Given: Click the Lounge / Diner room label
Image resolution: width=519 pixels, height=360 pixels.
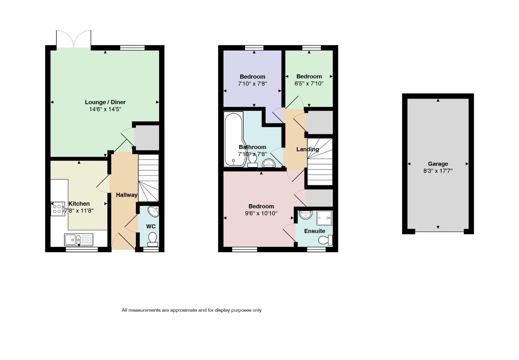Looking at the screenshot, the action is [x=105, y=102].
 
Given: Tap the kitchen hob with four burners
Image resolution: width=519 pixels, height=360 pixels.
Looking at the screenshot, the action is [x=58, y=209].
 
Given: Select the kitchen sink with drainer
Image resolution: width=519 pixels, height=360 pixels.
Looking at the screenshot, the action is [x=78, y=240].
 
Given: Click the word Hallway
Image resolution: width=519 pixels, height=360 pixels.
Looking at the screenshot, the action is [x=126, y=195].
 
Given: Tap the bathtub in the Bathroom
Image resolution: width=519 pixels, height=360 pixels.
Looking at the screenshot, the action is [x=233, y=139].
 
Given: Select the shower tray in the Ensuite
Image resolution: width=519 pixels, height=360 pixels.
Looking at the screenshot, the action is [x=324, y=218].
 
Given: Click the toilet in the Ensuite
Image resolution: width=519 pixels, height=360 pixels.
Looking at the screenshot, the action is [x=326, y=240].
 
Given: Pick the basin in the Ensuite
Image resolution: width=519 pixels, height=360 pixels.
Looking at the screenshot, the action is [x=306, y=215].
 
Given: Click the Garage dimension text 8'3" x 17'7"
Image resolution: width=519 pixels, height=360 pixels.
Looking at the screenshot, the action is [x=438, y=171].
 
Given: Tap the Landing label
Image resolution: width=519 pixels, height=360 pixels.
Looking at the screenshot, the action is [x=308, y=149].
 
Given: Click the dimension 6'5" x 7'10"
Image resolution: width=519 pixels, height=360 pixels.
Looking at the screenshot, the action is [x=309, y=83].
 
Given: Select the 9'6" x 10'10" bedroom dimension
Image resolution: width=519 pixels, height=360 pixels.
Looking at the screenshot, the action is [x=261, y=213].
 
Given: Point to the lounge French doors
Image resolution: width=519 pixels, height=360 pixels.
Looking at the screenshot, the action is [x=74, y=39].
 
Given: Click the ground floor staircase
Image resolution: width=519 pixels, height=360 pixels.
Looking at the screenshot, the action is [x=148, y=178].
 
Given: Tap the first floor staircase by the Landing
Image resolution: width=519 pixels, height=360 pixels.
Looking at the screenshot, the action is [x=320, y=162].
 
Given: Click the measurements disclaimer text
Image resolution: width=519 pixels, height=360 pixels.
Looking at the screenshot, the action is [x=191, y=310].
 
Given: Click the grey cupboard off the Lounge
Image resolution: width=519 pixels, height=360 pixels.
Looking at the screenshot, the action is [x=147, y=138].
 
